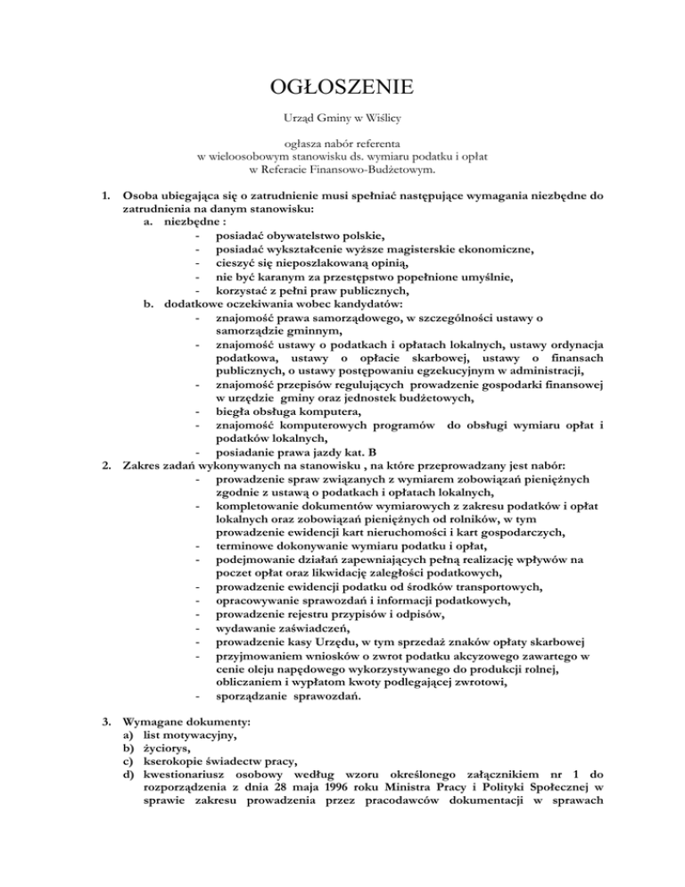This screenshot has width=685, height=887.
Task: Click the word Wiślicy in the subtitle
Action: pyautogui.click(x=385, y=117)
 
